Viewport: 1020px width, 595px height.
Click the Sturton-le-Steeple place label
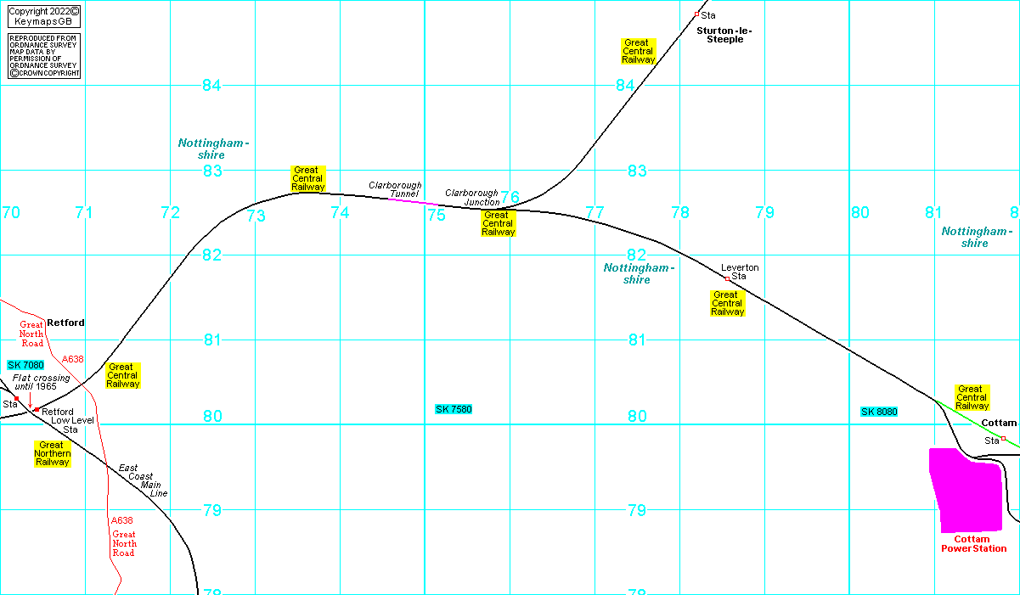click(724, 35)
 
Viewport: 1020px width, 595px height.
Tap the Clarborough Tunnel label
click(395, 189)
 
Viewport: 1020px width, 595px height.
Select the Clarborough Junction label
click(471, 198)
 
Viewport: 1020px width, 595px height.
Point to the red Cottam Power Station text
click(973, 544)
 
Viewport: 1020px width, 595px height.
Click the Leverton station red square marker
click(727, 278)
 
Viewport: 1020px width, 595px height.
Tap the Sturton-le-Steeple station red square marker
click(696, 14)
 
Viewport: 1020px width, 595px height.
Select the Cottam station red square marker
click(1003, 439)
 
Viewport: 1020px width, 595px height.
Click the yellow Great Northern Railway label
click(52, 453)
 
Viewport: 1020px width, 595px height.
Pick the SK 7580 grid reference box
click(454, 409)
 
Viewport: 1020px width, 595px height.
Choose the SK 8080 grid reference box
click(879, 412)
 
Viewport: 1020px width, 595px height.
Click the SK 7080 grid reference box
click(25, 365)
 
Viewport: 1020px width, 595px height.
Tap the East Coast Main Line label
click(143, 480)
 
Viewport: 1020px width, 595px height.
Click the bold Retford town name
click(65, 323)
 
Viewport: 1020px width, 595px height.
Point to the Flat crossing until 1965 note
click(41, 382)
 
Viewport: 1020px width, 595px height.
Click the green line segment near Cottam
click(977, 423)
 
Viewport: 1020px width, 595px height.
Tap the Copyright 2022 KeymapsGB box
click(43, 16)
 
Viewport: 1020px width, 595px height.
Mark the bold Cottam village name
click(998, 423)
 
